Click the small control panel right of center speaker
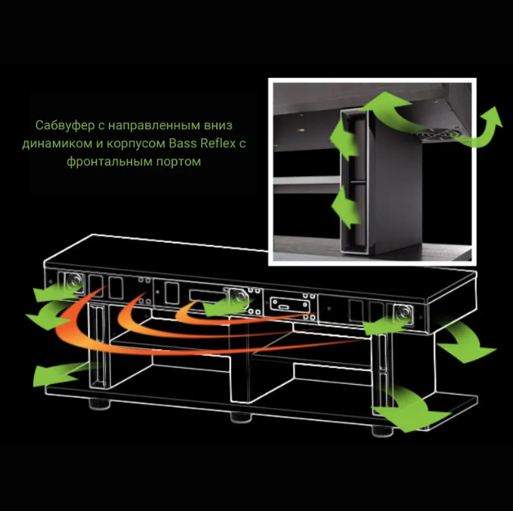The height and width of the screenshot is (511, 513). click(x=286, y=305)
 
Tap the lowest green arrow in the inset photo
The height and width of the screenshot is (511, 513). click(x=345, y=207)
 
